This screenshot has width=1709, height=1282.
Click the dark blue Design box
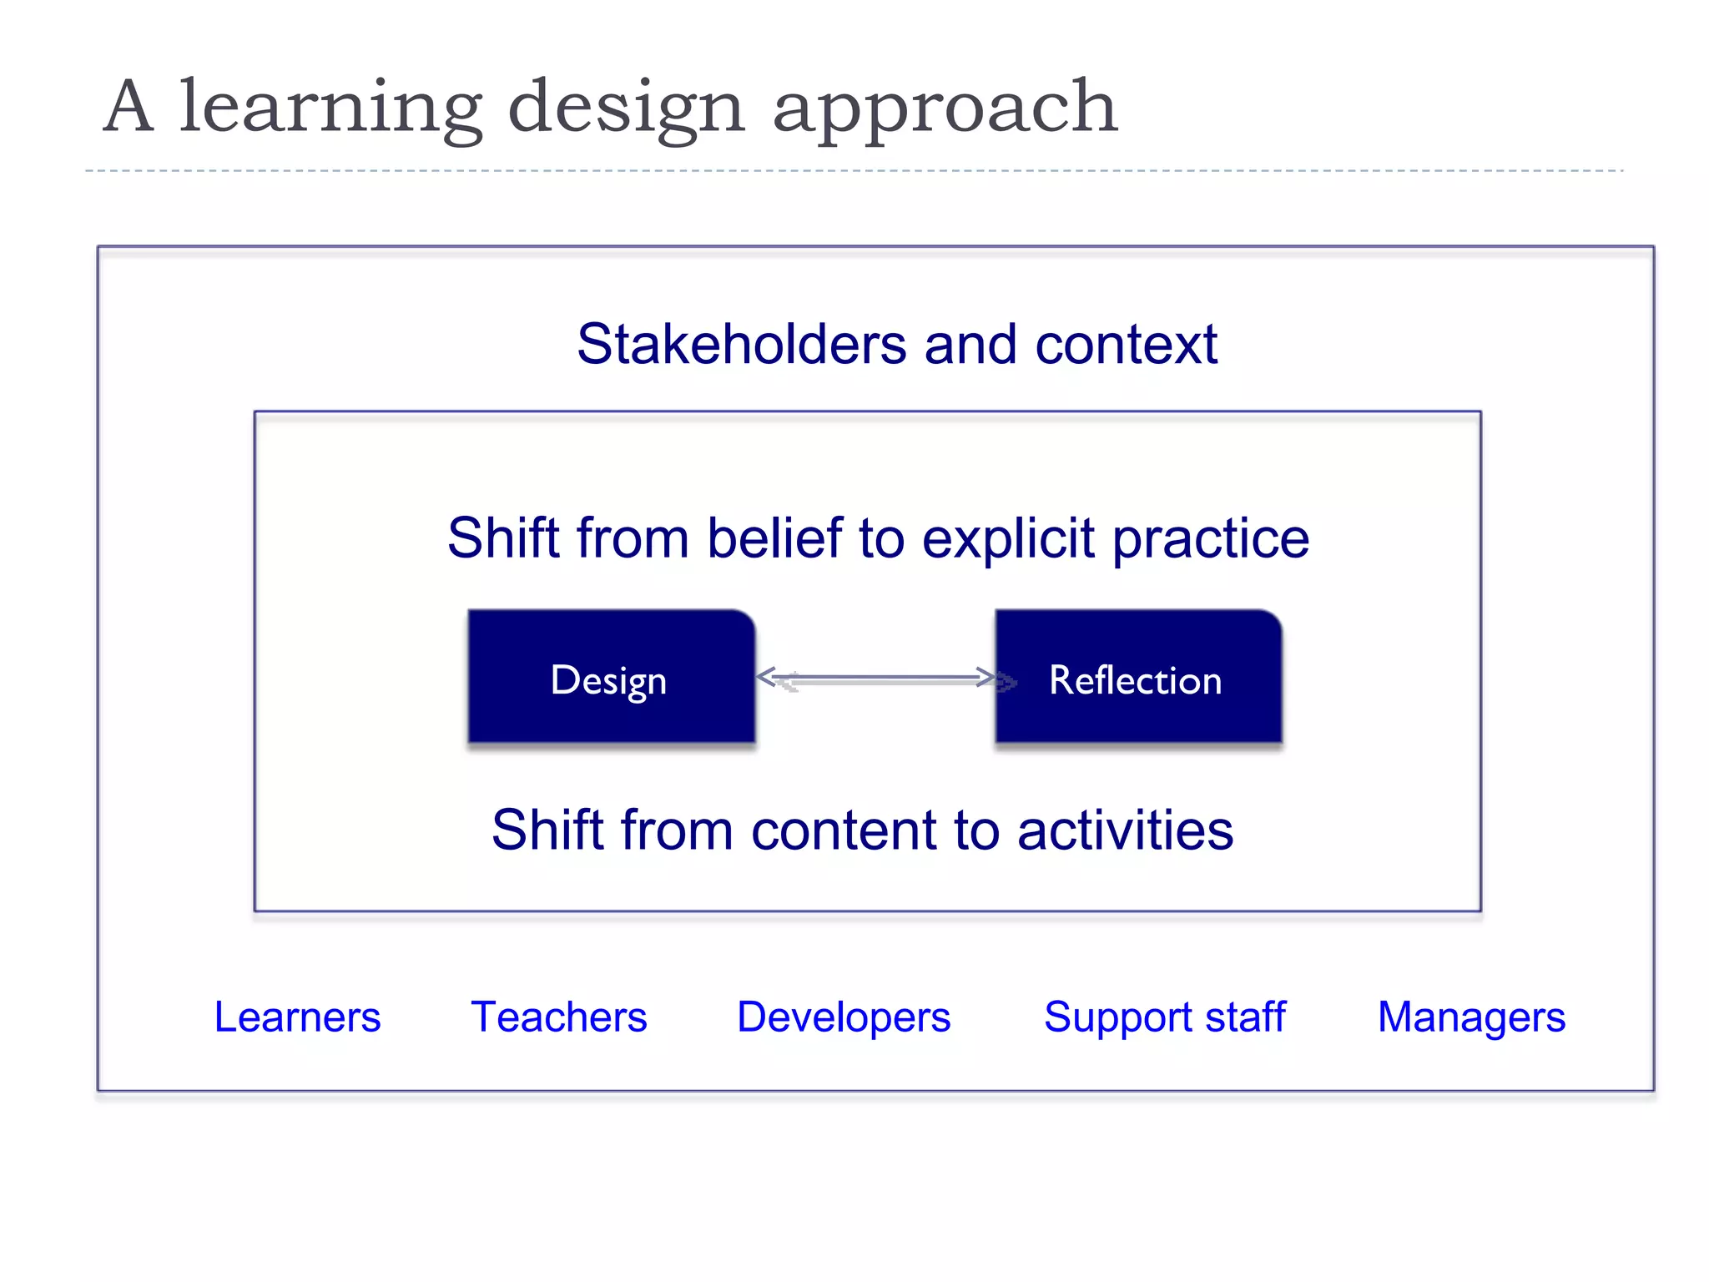tap(611, 677)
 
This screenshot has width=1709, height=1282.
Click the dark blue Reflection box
tap(1138, 677)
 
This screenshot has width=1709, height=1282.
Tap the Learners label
tap(297, 1017)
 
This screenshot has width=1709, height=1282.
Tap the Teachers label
tap(559, 1017)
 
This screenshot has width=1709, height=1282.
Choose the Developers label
tap(844, 1017)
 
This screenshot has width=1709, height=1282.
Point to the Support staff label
tap(1165, 1017)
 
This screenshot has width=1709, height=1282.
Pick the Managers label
tap(1471, 1017)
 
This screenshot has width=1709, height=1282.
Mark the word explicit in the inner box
tap(1007, 539)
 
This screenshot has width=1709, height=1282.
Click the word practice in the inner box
tap(1211, 539)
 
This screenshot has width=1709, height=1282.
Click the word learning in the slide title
tap(330, 109)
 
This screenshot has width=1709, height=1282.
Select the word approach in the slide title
tap(945, 109)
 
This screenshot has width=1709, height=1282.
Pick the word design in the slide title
tap(626, 109)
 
